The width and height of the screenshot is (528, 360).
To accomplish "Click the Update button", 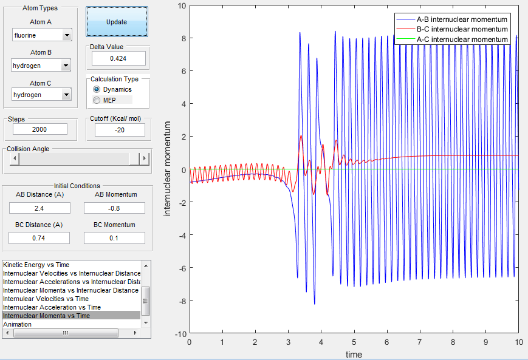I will (117, 22).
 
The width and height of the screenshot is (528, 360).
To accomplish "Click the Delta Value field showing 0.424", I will (118, 58).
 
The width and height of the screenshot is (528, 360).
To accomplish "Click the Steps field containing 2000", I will (40, 129).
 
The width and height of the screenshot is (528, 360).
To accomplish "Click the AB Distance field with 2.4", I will (40, 208).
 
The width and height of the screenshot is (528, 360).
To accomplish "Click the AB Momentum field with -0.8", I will (114, 208).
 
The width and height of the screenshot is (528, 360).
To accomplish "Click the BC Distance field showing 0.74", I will (40, 238).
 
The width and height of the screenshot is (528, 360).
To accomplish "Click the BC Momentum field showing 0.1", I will (114, 238).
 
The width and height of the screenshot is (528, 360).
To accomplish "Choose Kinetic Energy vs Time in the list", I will (36, 265).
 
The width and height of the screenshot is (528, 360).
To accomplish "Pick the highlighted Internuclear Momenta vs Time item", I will (46, 316).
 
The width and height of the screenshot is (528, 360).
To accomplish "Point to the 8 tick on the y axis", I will (181, 38).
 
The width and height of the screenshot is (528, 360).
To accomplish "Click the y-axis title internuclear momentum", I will (168, 169).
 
